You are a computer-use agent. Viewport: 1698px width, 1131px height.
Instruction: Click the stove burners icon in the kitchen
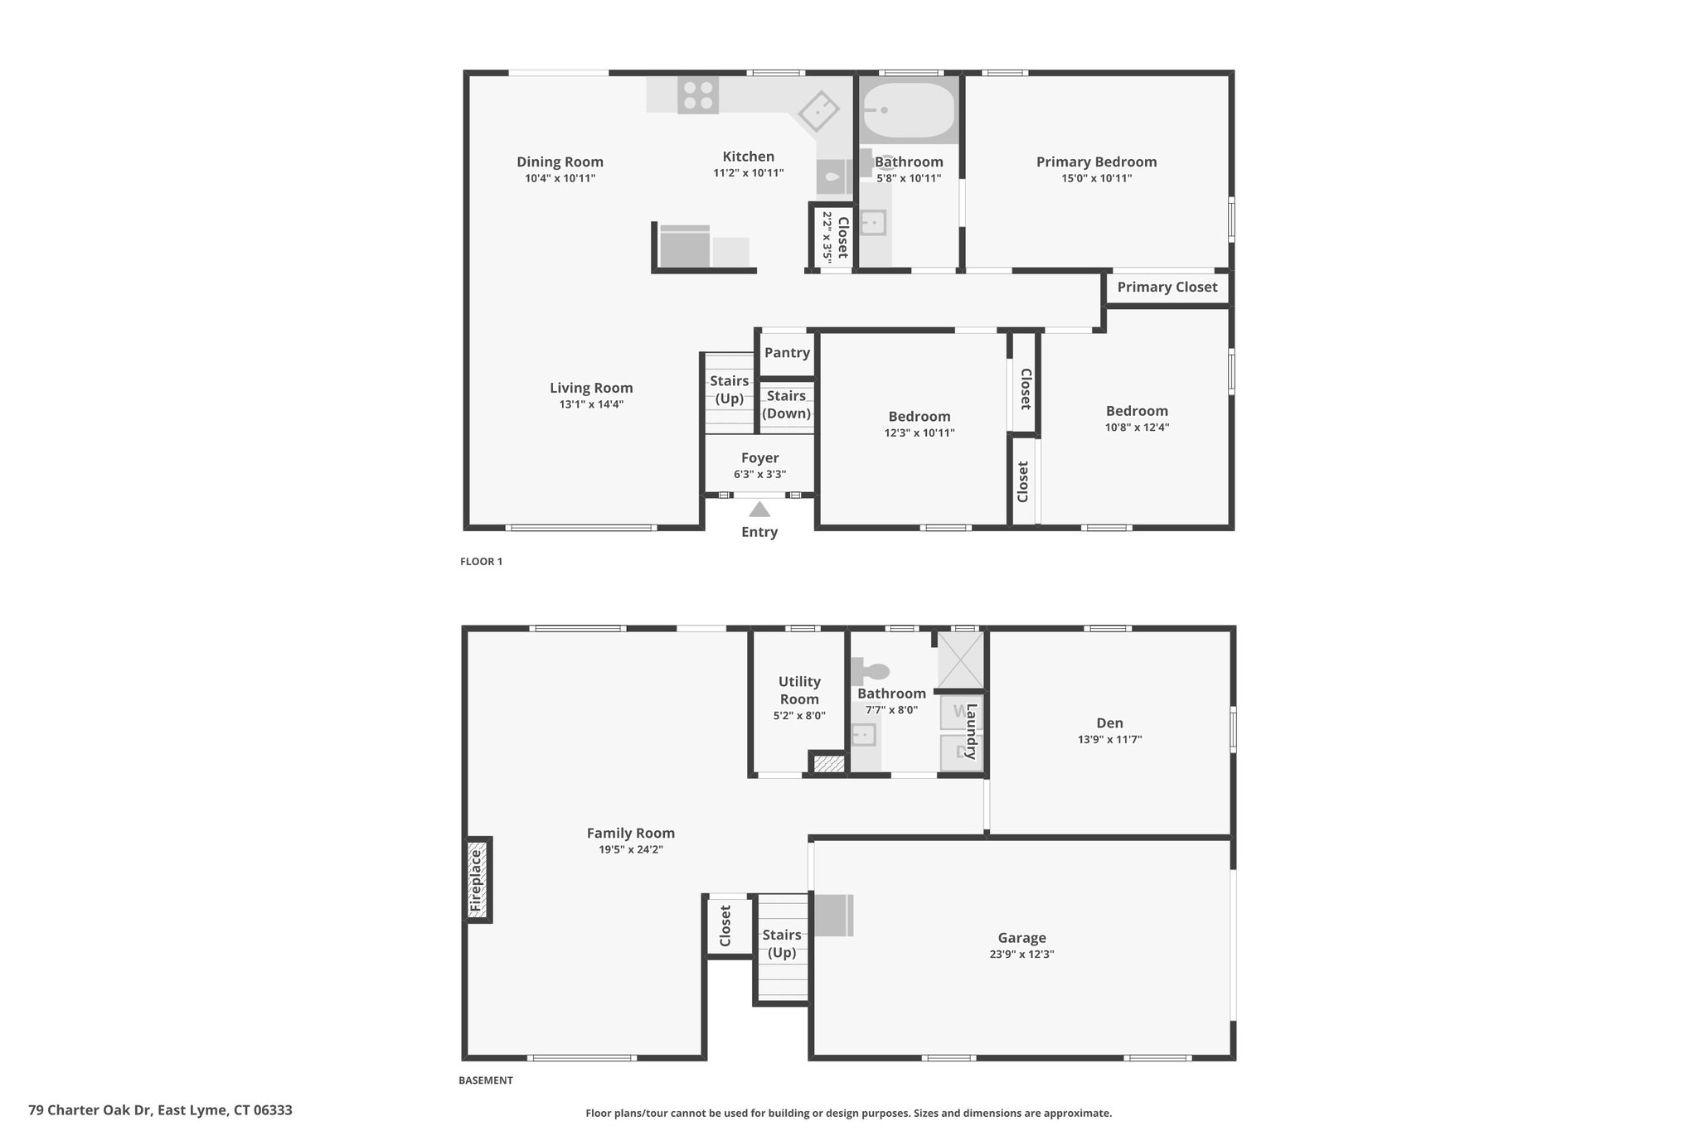[x=697, y=94]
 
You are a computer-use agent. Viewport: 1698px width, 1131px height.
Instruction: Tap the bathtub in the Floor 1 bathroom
[x=909, y=109]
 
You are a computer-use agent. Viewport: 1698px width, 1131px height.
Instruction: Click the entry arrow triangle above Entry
[x=759, y=510]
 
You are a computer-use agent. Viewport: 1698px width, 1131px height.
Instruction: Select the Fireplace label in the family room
[x=476, y=880]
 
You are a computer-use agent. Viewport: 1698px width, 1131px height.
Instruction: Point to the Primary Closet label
[x=1167, y=287]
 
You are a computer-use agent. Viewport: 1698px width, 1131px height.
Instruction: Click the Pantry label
[x=787, y=352]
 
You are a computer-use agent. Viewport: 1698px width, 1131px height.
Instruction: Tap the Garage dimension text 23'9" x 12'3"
[x=1021, y=954]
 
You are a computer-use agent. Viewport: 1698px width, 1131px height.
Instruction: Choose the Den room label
[x=1109, y=723]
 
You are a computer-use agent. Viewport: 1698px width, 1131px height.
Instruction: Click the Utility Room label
[x=799, y=689]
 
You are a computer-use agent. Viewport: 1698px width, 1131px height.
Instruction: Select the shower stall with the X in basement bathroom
[x=959, y=660]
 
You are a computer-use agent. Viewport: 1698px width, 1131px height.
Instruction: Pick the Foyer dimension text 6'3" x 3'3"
[x=759, y=475]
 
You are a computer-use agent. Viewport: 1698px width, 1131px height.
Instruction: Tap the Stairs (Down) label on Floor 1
[x=786, y=404]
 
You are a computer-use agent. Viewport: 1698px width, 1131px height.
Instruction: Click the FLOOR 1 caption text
[x=481, y=561]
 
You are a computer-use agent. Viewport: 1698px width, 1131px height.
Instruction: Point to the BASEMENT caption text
[x=485, y=1080]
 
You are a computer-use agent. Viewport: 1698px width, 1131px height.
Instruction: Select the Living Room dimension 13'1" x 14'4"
[x=591, y=404]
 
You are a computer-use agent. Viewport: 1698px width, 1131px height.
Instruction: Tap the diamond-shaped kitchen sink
[x=819, y=110]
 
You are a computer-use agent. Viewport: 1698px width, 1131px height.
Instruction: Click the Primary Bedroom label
[x=1095, y=162]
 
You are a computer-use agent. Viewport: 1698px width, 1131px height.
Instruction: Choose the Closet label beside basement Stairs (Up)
[x=725, y=926]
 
